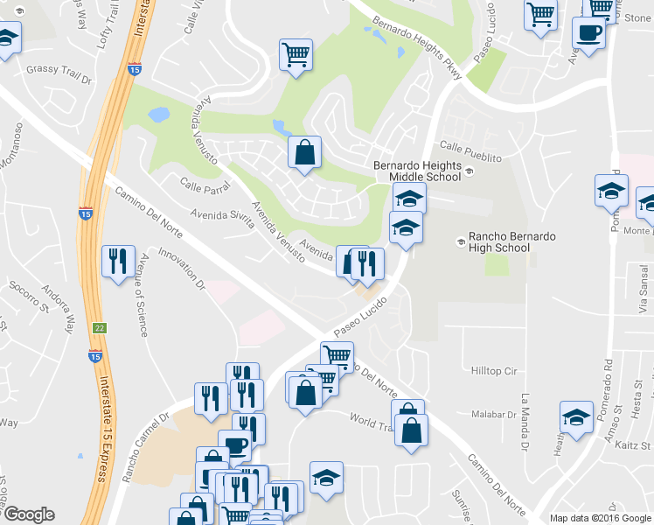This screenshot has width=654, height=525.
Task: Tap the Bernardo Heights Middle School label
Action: [417, 170]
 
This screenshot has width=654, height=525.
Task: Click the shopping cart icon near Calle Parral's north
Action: [296, 55]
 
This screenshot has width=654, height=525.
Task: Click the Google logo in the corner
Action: [29, 514]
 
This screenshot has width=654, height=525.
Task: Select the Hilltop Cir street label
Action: [494, 371]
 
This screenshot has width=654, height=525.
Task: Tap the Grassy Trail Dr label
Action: [59, 68]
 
